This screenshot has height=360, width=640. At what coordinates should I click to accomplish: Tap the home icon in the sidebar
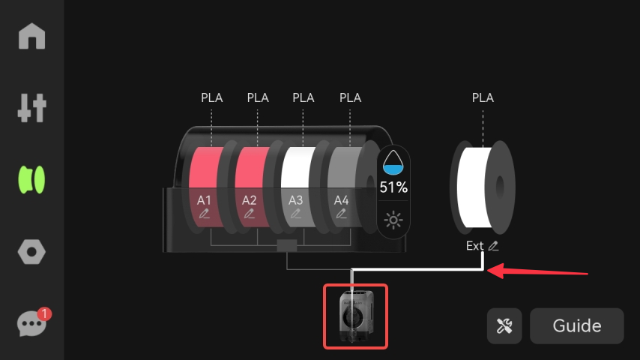click(32, 36)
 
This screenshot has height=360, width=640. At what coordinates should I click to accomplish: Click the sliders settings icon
click(32, 108)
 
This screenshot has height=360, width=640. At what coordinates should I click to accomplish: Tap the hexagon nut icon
click(32, 252)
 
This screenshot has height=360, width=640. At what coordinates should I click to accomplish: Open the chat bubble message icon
click(31, 324)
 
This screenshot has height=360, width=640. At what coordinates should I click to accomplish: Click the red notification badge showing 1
click(44, 313)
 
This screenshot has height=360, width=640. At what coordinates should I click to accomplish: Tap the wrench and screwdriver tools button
click(504, 325)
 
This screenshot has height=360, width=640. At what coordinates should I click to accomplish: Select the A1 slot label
click(204, 200)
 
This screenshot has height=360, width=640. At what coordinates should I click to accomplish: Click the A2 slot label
click(250, 200)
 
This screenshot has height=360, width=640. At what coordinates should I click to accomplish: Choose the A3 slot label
click(296, 200)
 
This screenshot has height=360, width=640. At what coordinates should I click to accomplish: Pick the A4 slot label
click(342, 200)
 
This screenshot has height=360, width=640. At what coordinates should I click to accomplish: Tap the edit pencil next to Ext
click(493, 246)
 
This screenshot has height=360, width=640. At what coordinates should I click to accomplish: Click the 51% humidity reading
click(393, 187)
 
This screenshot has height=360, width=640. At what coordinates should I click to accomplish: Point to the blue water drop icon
click(393, 161)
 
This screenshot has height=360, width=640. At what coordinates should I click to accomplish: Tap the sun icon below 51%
click(393, 220)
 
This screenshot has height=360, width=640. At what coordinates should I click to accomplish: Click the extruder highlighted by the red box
click(355, 316)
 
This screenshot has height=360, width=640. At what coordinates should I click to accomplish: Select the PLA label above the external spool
click(483, 97)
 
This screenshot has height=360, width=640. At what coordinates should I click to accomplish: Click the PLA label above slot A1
click(212, 97)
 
